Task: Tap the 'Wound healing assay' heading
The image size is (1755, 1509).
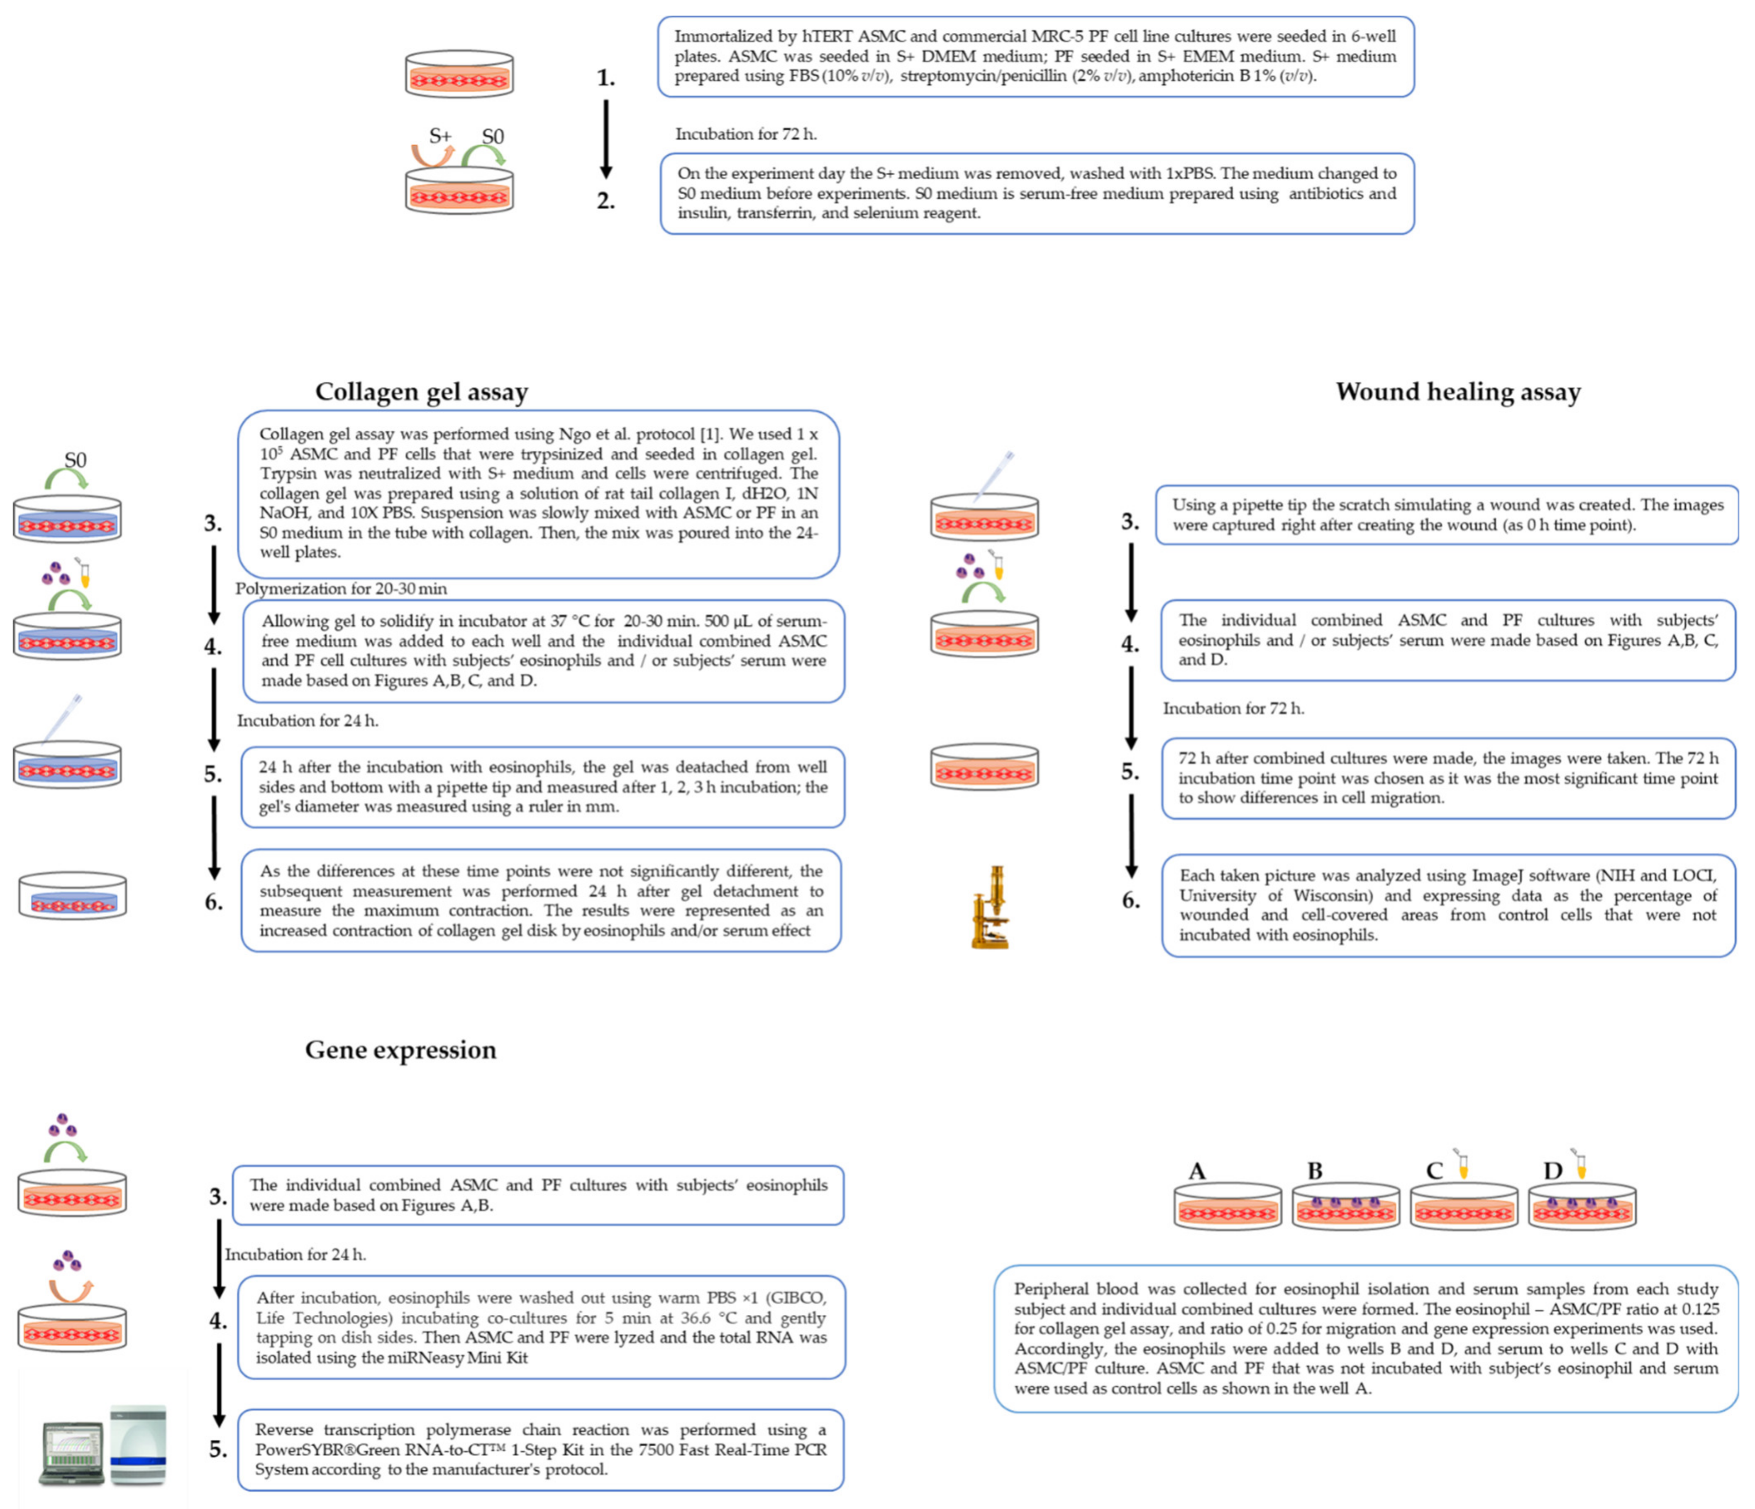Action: (1458, 391)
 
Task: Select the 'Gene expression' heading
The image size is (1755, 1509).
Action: (400, 1050)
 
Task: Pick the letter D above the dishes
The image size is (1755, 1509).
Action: (1552, 1171)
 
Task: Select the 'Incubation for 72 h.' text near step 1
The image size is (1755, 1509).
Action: (745, 134)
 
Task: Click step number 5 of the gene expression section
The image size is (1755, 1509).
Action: (218, 1450)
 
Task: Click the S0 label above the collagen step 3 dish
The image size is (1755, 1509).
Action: (76, 460)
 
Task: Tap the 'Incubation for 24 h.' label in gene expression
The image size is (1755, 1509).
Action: (295, 1254)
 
